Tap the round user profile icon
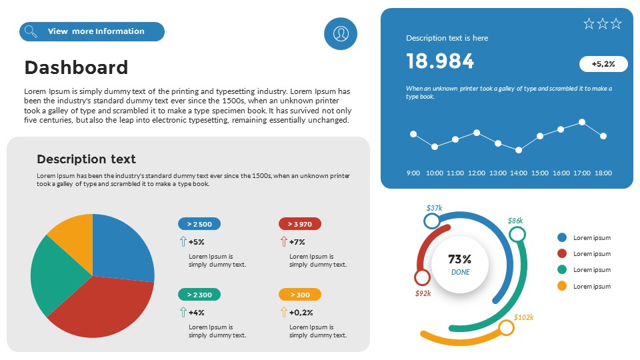pos(341,33)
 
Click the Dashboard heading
pos(76,67)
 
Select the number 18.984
pos(440,61)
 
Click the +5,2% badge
pos(603,64)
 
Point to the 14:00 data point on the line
pos(519,150)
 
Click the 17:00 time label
pos(582,173)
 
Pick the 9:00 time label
pos(413,173)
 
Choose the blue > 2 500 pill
pos(199,224)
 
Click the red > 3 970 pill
pos(300,224)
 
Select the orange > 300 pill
pos(300,295)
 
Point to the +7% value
pos(297,242)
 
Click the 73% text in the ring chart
pos(460,259)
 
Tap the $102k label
pos(524,317)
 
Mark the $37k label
pos(434,208)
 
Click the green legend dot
pos(562,270)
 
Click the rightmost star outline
pos(616,24)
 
